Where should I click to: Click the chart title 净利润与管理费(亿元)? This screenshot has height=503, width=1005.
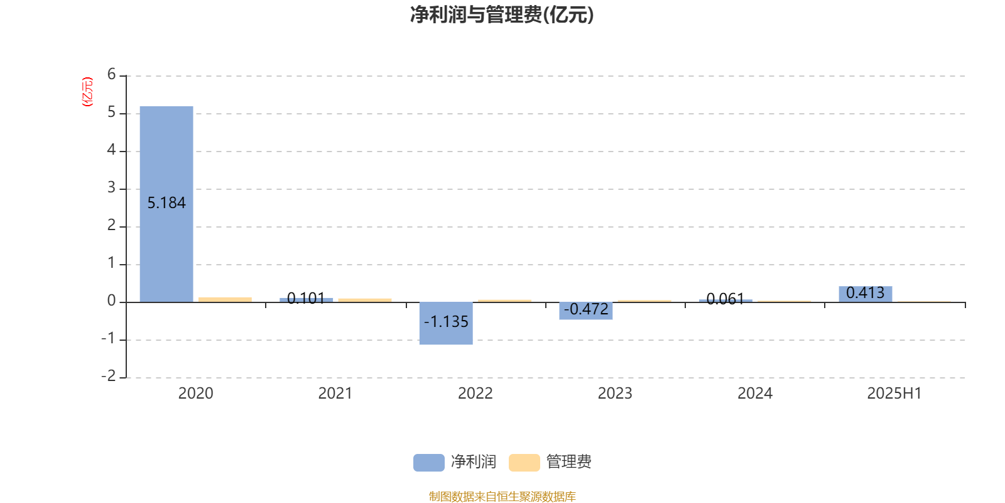point(502,14)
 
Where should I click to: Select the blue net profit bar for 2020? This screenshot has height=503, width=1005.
point(166,204)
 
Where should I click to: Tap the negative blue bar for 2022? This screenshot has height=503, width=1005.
point(446,323)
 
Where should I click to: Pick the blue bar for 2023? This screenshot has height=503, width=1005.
point(586,311)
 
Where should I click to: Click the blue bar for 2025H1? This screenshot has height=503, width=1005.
point(866,294)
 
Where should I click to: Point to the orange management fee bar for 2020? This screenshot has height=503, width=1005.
point(225,299)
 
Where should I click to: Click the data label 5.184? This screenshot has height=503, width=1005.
point(166,203)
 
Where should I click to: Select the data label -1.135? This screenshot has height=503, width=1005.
point(446,321)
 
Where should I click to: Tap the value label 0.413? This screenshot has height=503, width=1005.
point(866,293)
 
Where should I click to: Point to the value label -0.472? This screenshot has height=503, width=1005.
point(586,309)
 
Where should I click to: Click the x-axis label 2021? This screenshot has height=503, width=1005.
point(335,394)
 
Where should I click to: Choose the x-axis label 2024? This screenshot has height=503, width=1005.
point(755,394)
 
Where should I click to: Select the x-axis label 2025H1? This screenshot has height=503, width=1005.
point(894,394)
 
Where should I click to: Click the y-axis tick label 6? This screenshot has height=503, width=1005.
point(111,74)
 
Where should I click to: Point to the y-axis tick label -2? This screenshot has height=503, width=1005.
point(109,376)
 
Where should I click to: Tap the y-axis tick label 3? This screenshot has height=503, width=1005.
point(111,187)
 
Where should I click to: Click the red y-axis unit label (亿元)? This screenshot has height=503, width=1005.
point(87,92)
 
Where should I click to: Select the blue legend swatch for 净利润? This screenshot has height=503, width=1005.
point(429,463)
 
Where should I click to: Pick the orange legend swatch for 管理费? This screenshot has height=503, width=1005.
point(524,463)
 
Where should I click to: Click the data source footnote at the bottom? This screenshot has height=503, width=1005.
point(502,496)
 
